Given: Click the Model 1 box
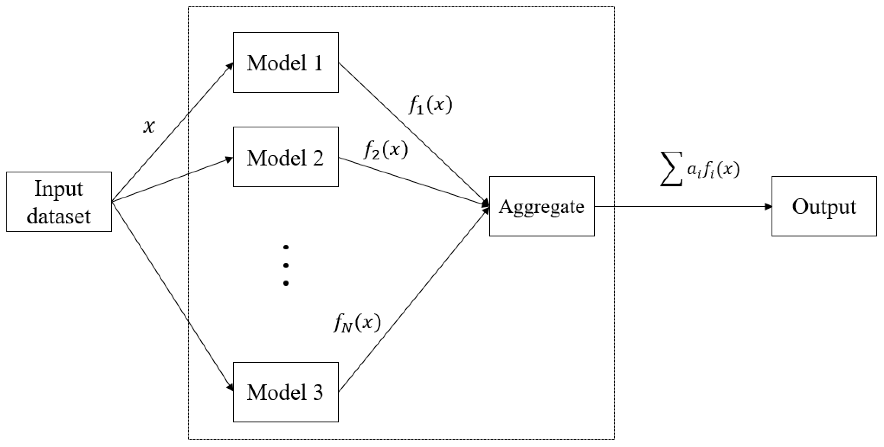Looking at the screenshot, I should click(285, 62).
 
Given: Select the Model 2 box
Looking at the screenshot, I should click(285, 157).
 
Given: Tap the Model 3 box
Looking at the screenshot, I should click(285, 392).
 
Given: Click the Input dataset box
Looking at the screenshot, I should click(59, 202).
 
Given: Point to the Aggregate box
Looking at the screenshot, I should click(541, 206).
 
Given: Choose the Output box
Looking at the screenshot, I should click(824, 206).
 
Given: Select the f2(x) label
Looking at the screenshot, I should click(386, 150).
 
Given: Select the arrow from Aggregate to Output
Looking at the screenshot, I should click(683, 206).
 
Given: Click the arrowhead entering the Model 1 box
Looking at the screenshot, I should click(230, 66).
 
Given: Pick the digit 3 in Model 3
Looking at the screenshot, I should click(318, 392).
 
